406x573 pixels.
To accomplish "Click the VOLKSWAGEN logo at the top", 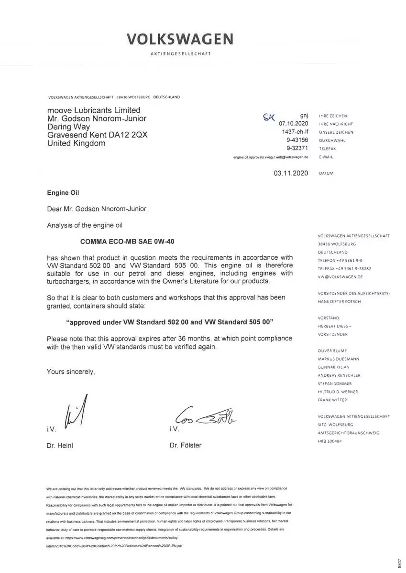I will pyautogui.click(x=180, y=39).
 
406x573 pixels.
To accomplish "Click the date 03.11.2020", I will pyautogui.click(x=291, y=173).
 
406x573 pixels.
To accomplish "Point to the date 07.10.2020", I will pyautogui.click(x=294, y=124).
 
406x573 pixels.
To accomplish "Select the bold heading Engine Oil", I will pyautogui.click(x=63, y=193).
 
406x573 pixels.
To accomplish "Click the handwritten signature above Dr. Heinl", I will pyautogui.click(x=77, y=411).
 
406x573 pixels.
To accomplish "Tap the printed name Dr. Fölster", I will pyautogui.click(x=186, y=446).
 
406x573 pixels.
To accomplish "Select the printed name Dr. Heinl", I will pyautogui.click(x=60, y=446).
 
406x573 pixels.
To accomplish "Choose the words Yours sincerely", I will pyautogui.click(x=71, y=371).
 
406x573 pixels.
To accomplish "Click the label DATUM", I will pyautogui.click(x=326, y=174).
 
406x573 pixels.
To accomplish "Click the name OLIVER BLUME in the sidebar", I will pyautogui.click(x=332, y=350).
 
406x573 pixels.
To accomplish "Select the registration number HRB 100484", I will pyautogui.click(x=330, y=441).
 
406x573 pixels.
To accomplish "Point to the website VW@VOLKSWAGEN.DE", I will pyautogui.click(x=340, y=276).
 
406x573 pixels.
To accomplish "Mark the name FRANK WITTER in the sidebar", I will pyautogui.click(x=332, y=400).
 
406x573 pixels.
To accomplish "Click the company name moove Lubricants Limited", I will pyautogui.click(x=94, y=110).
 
